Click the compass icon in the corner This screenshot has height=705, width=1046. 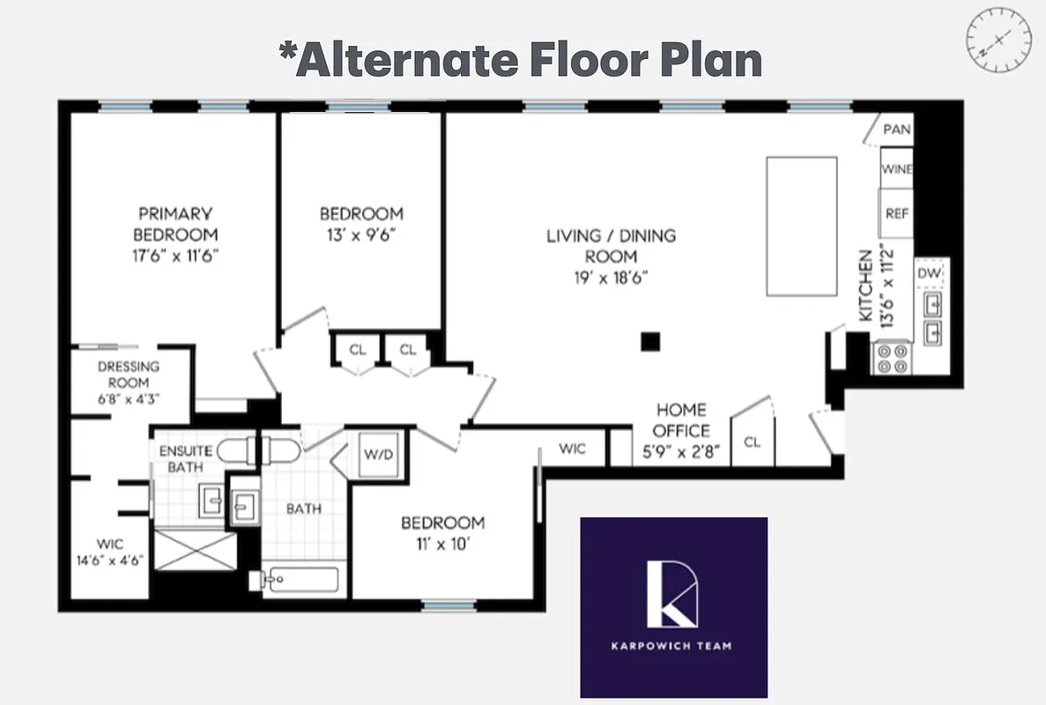999,41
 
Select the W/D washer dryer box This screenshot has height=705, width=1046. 381,454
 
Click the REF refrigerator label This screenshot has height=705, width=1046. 897,214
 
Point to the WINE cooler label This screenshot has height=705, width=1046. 897,169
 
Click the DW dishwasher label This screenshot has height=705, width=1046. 930,273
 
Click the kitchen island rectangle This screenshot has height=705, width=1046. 801,226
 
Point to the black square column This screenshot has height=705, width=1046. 650,341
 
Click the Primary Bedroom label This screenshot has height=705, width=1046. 174,224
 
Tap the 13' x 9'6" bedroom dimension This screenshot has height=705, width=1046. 361,234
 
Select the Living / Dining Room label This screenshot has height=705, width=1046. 612,246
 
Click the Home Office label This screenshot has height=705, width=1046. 681,420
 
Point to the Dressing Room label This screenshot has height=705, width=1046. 129,375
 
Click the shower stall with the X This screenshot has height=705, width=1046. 195,551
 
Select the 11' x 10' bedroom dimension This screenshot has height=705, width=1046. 442,544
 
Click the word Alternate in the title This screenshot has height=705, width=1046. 407,60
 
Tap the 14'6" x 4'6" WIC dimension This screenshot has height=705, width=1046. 109,560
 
